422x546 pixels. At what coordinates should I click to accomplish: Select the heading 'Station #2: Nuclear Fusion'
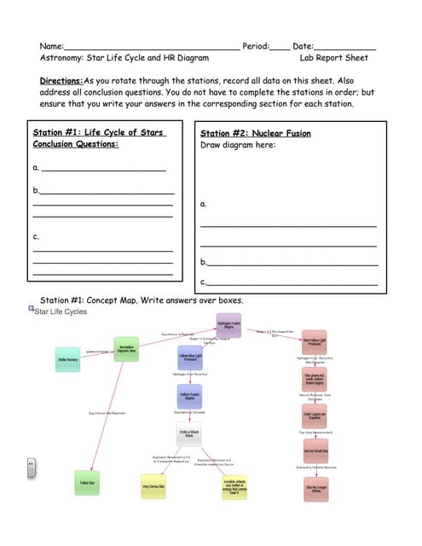255,133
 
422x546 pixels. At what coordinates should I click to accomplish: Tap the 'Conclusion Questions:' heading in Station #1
75,144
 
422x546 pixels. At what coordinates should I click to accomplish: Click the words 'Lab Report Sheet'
334,58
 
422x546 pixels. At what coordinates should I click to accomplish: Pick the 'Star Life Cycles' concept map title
60,312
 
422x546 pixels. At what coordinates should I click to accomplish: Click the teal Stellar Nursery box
68,360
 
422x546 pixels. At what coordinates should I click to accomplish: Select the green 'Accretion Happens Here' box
126,350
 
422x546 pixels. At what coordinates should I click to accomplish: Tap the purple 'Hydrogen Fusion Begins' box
228,325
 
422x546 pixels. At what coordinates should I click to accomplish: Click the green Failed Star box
87,483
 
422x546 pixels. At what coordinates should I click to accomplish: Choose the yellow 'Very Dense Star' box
154,486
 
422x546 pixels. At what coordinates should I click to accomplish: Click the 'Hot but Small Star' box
315,451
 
